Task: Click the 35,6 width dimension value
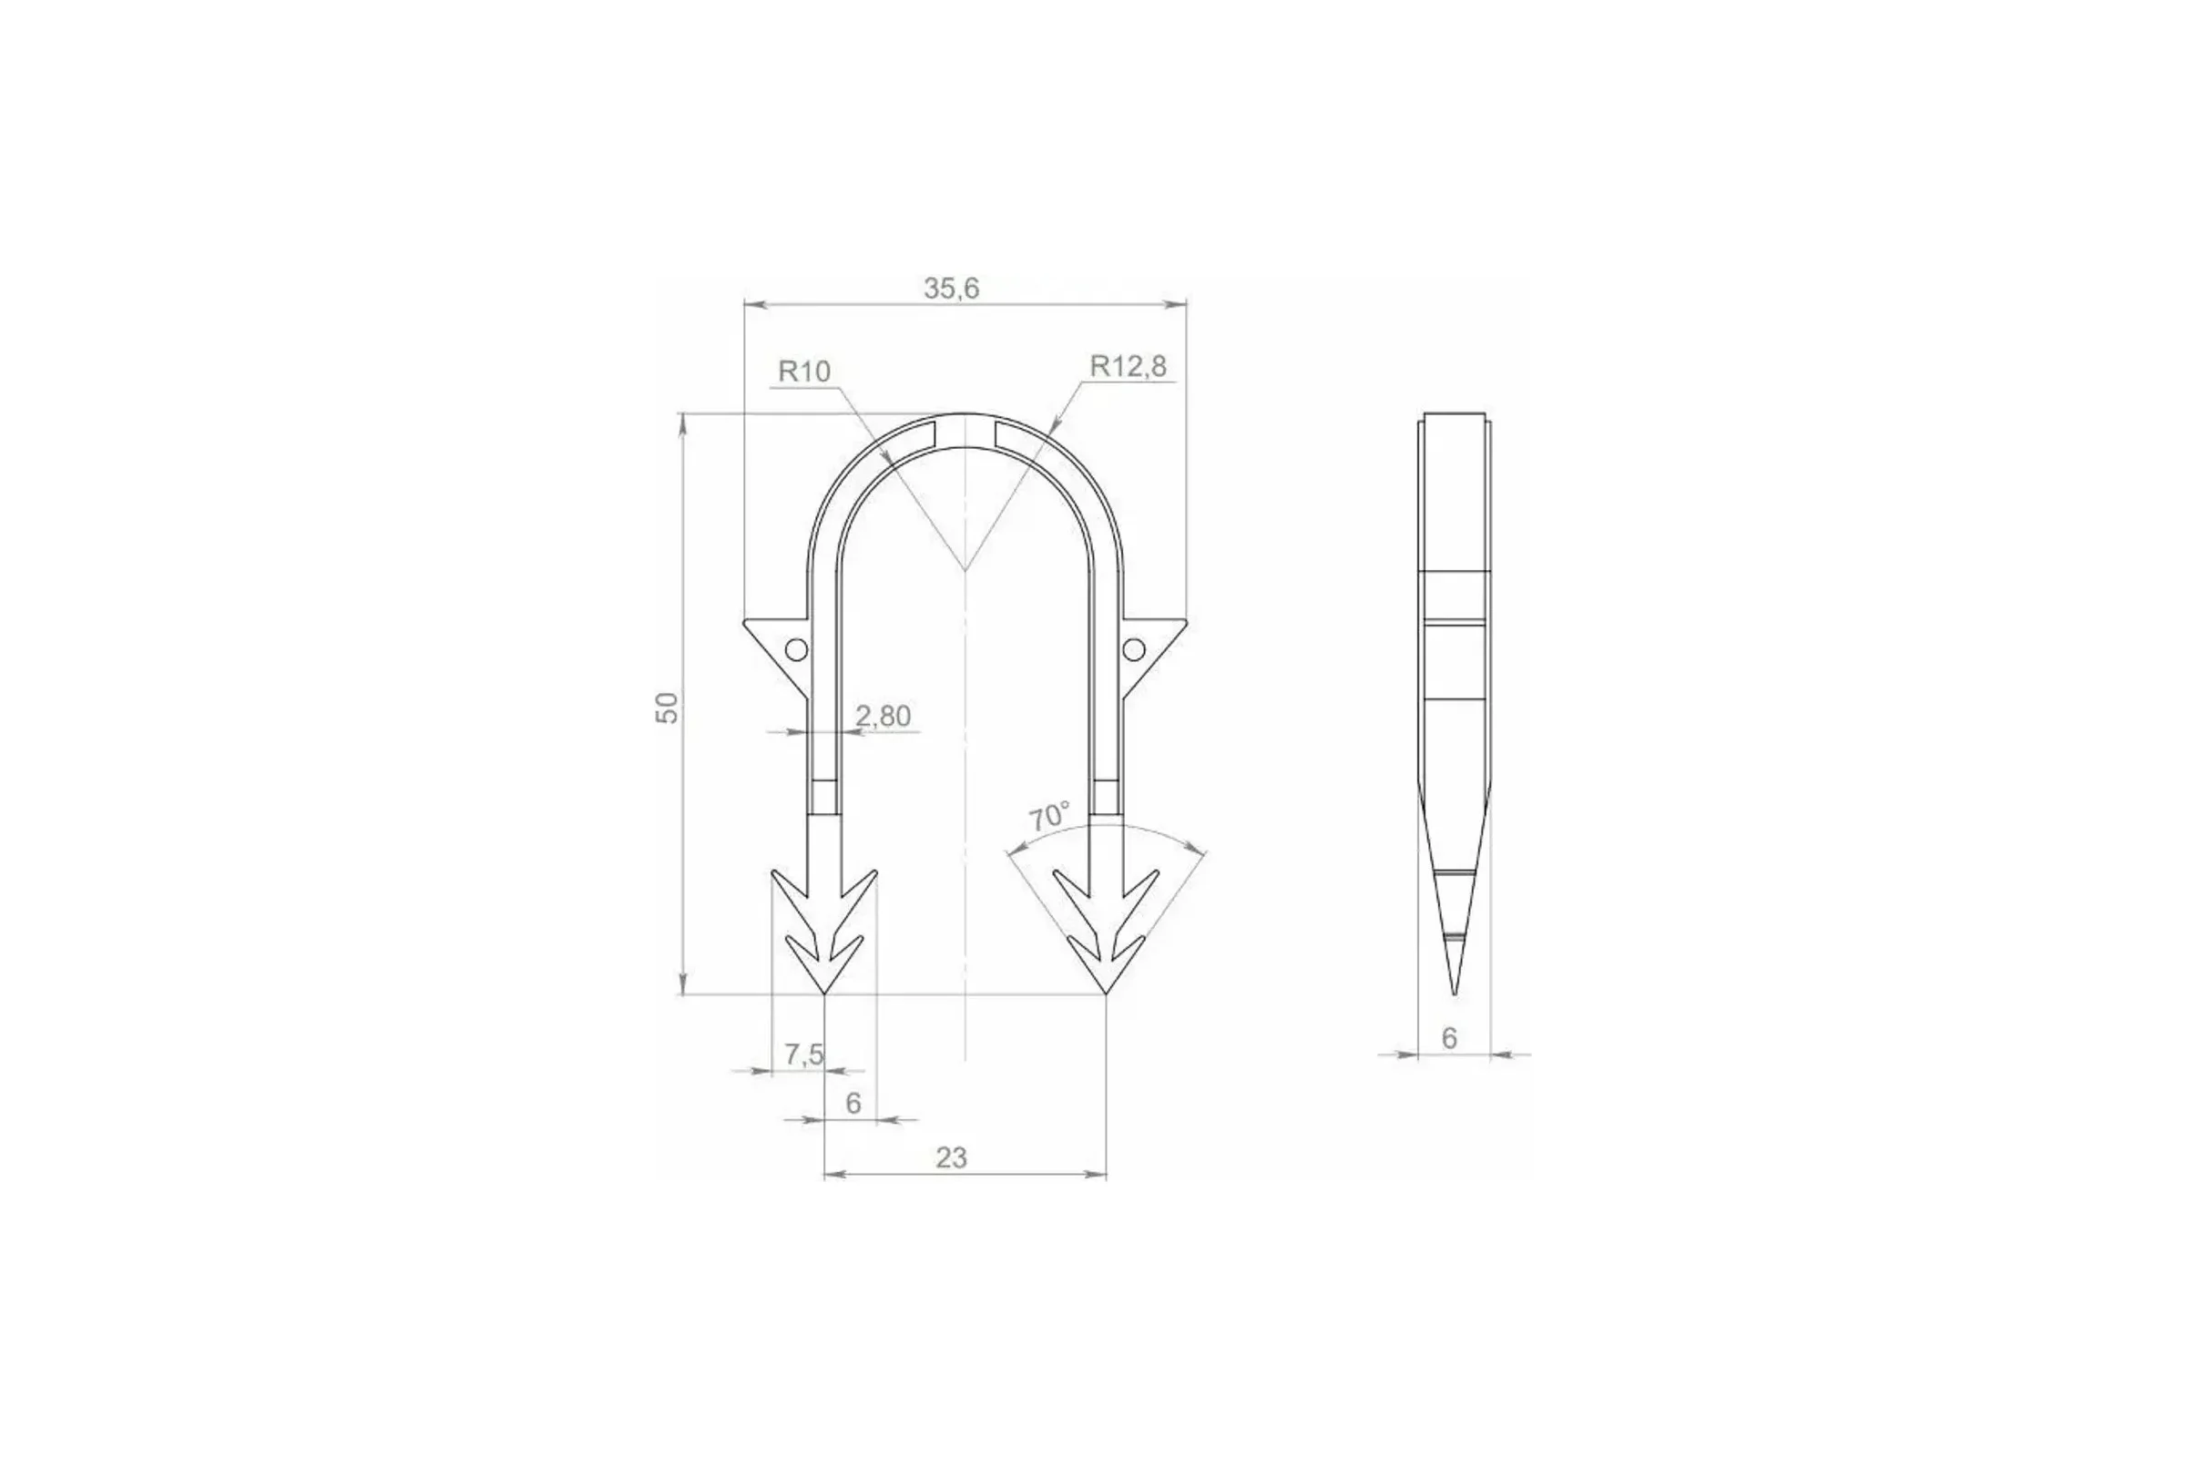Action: click(951, 289)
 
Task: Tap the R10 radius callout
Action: click(804, 372)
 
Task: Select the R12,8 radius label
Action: click(1128, 366)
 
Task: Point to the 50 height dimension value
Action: click(669, 708)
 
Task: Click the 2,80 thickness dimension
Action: click(883, 716)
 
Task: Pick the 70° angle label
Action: click(1049, 816)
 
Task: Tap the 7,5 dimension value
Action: click(804, 1054)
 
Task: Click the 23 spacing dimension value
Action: click(951, 1157)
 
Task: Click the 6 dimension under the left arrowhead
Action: click(853, 1103)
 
